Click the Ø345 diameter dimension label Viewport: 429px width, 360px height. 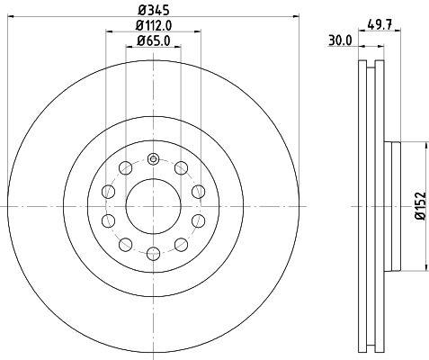(x=154, y=10)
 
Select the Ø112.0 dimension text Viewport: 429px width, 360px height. (x=154, y=25)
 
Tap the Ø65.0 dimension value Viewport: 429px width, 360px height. (x=154, y=40)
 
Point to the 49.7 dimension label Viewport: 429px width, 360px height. (x=380, y=24)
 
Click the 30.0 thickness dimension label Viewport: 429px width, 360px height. (x=340, y=40)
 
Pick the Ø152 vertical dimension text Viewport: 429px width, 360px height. (x=420, y=206)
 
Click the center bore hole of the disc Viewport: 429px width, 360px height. (x=154, y=206)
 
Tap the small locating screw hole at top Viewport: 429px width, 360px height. (x=153, y=158)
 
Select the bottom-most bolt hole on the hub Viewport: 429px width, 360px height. (x=154, y=254)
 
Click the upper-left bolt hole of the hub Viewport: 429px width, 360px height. (x=125, y=167)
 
